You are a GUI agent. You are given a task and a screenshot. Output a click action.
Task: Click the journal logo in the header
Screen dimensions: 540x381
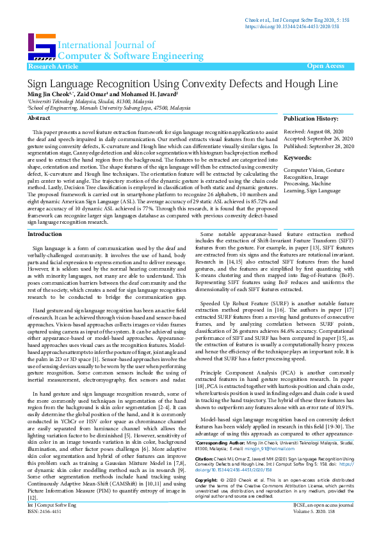pyautogui.click(x=41, y=47)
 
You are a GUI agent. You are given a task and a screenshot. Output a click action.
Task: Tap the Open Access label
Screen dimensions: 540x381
pyautogui.click(x=325, y=66)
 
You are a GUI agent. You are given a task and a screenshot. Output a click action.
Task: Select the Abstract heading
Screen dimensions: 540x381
pyautogui.click(x=38, y=119)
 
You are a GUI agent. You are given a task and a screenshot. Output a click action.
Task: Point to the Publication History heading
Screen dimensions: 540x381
pyautogui.click(x=311, y=119)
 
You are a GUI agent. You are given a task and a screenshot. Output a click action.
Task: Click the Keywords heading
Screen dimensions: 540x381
pyautogui.click(x=297, y=157)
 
